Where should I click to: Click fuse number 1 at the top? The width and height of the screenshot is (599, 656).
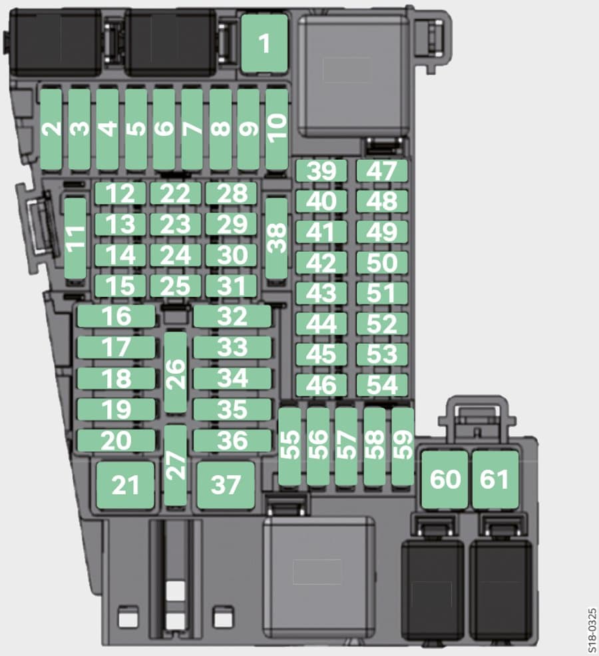tap(265, 43)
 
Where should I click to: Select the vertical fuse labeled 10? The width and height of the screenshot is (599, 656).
tap(277, 130)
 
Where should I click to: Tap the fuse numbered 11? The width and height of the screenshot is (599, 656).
tap(76, 238)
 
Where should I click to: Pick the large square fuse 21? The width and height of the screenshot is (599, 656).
tap(125, 486)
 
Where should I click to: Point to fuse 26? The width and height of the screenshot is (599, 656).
tap(176, 373)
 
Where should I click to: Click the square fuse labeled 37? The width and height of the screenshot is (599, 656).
tap(226, 486)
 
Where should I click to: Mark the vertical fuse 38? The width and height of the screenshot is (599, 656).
tap(277, 238)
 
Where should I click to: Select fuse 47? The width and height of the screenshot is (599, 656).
tap(382, 170)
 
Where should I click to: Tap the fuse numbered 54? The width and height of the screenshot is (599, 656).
tap(382, 385)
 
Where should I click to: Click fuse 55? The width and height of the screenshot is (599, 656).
tap(290, 447)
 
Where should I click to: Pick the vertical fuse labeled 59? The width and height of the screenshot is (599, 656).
tap(403, 447)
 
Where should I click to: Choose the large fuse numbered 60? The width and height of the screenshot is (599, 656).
tap(445, 480)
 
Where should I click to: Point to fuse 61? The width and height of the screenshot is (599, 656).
tap(495, 480)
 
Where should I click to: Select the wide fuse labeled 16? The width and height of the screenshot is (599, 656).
tap(116, 316)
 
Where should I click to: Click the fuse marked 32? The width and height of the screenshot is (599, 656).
tap(232, 316)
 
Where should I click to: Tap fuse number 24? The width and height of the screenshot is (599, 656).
tap(176, 255)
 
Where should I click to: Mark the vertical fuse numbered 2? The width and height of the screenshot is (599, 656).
tap(51, 130)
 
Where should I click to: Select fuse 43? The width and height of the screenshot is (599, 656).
tap(321, 293)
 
